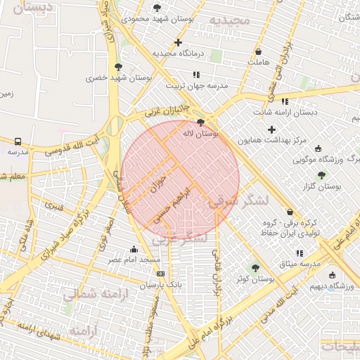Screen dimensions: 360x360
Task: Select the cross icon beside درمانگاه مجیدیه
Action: coord(179,42)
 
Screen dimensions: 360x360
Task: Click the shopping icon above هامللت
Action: coord(258,51)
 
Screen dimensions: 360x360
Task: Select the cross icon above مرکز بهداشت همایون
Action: coord(271,129)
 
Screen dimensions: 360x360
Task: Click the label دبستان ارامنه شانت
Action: coord(285,112)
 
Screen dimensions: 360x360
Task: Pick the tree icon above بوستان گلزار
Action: coord(321,175)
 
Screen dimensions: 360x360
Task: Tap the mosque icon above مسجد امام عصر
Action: coord(134,249)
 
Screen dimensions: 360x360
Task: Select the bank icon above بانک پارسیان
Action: coord(161,274)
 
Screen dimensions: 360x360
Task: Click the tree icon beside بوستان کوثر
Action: coord(255,267)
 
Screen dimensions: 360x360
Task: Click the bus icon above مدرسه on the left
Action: coord(17,141)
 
